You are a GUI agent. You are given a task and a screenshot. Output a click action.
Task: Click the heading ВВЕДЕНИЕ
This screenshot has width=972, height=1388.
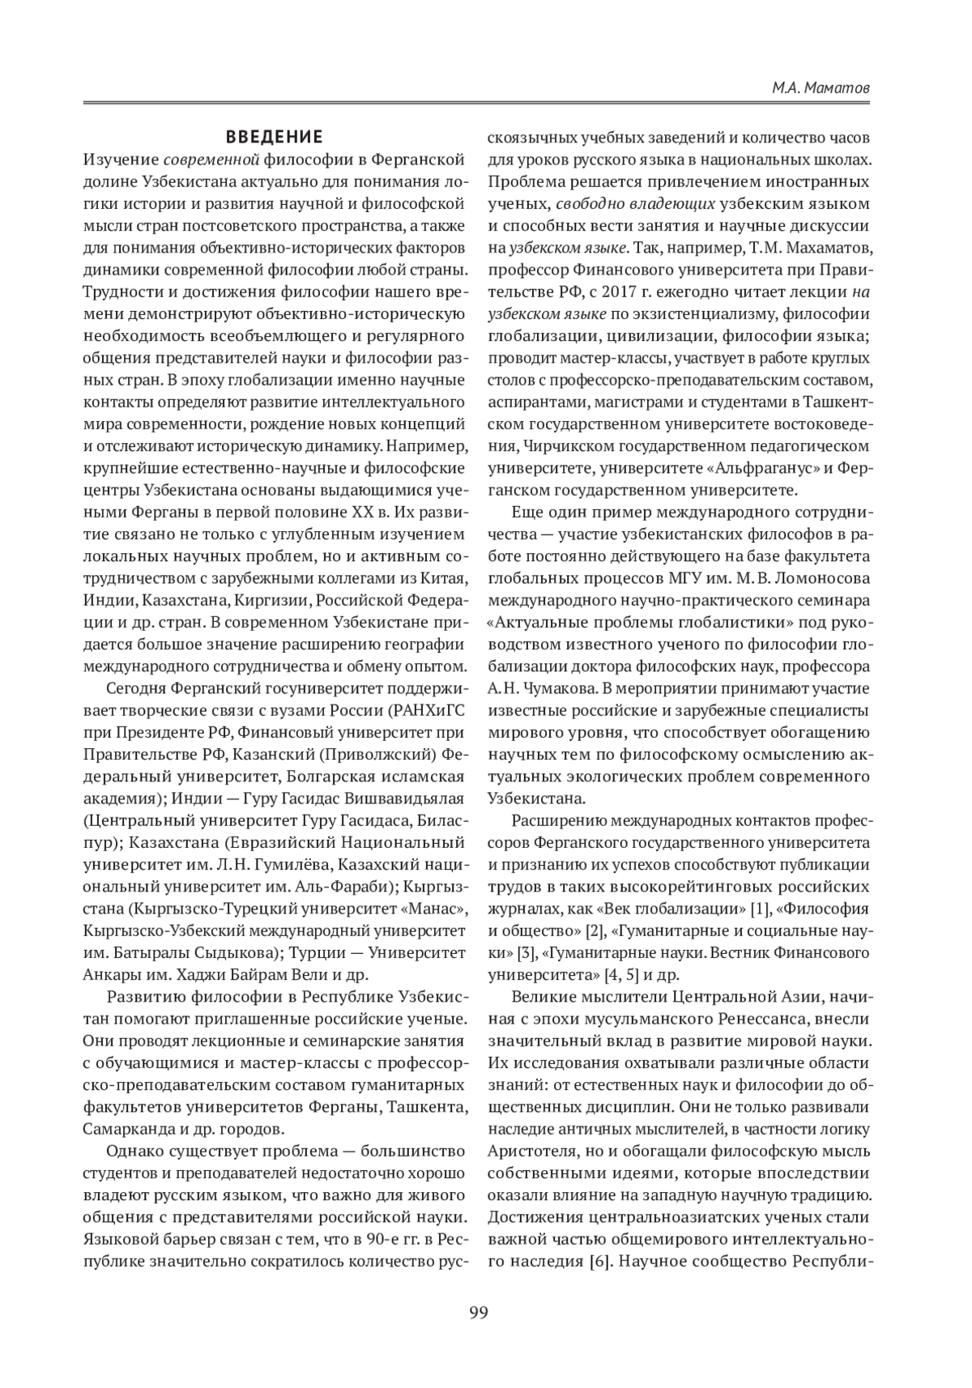pyautogui.click(x=274, y=135)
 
